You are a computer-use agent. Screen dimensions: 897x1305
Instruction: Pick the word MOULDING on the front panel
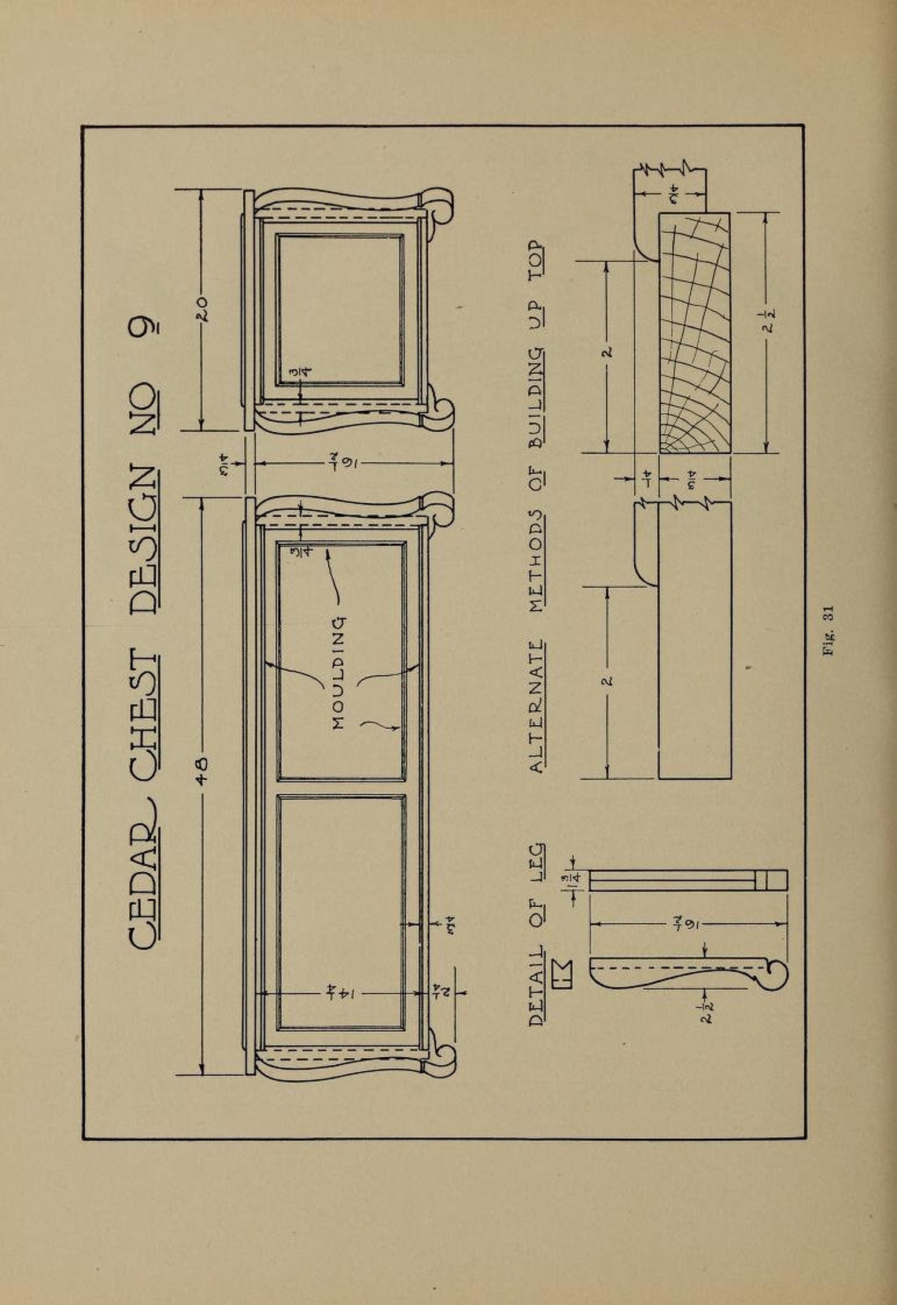tap(339, 673)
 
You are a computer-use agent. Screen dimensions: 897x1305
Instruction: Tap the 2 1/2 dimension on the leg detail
tap(706, 1012)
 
